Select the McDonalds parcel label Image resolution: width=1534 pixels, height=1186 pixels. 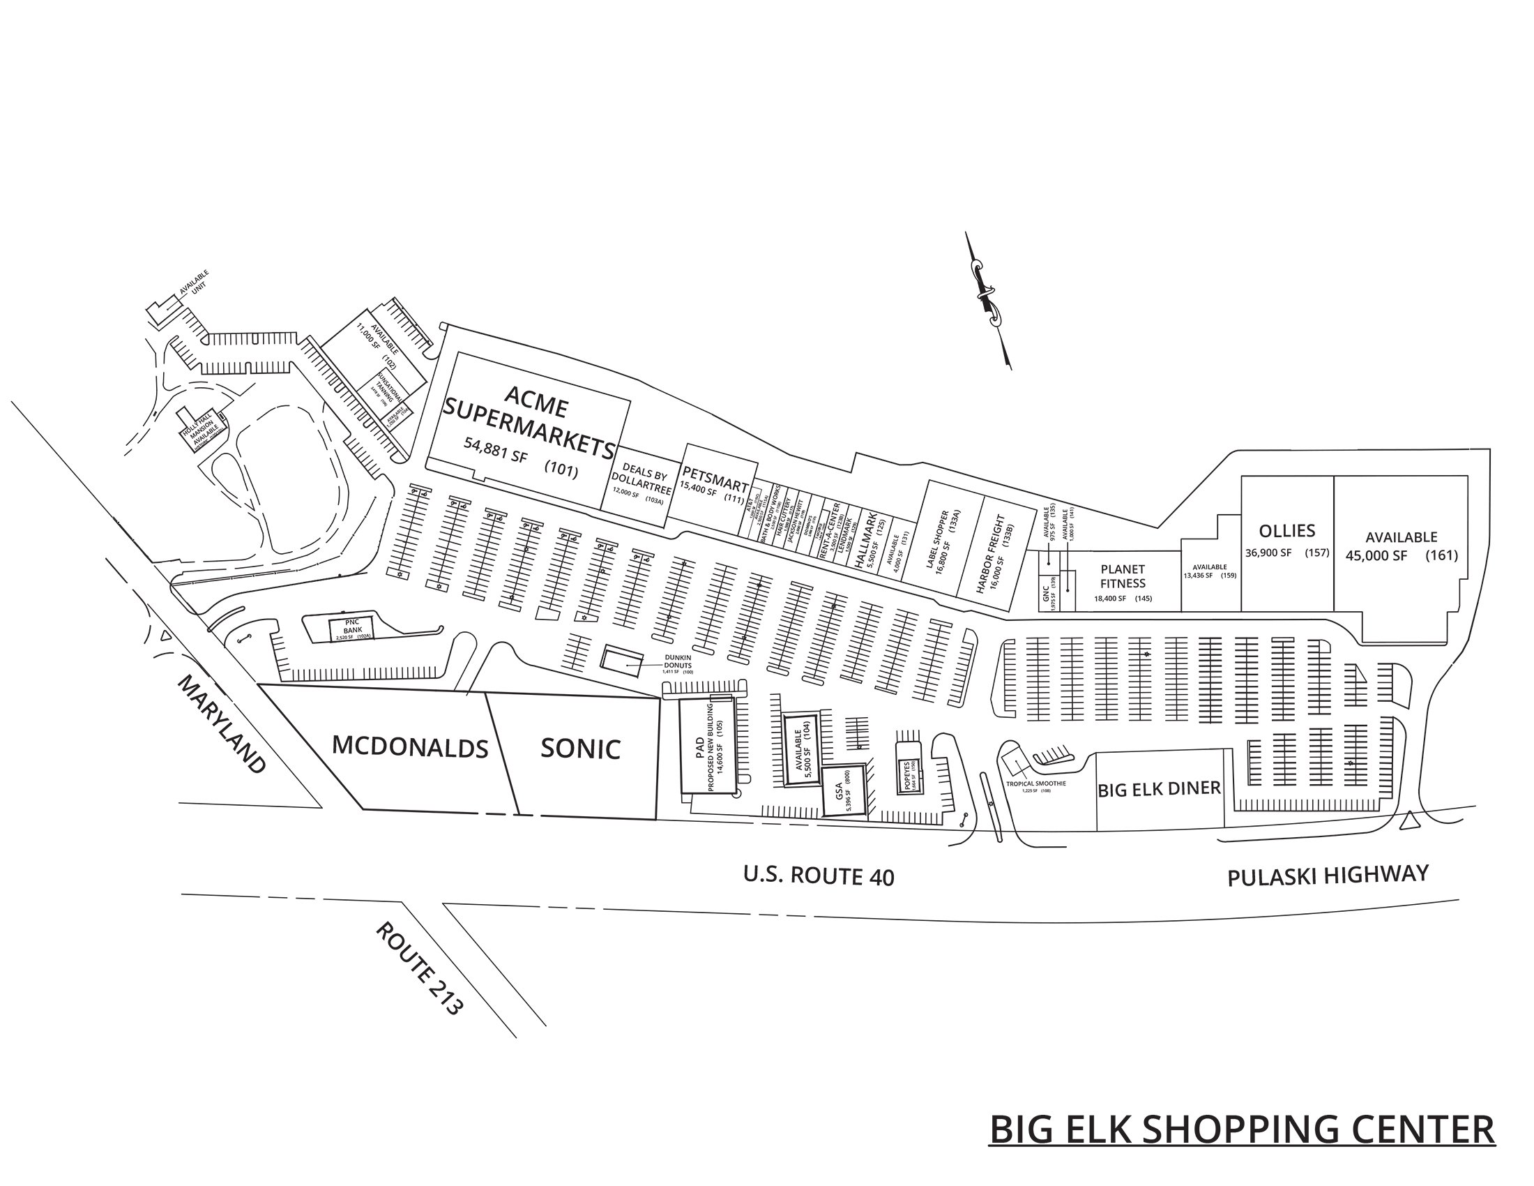[x=409, y=746]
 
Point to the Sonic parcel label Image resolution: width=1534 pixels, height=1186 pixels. [x=580, y=749]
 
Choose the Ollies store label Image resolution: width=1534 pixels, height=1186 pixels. [x=1286, y=530]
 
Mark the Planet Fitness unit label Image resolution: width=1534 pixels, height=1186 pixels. [x=1123, y=576]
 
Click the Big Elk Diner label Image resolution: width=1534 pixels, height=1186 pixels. [x=1159, y=789]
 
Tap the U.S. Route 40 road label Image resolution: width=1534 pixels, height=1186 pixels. [x=819, y=876]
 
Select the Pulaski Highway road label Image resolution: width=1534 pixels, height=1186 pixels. [x=1328, y=876]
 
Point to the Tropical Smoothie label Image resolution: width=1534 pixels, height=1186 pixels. [x=1035, y=783]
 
